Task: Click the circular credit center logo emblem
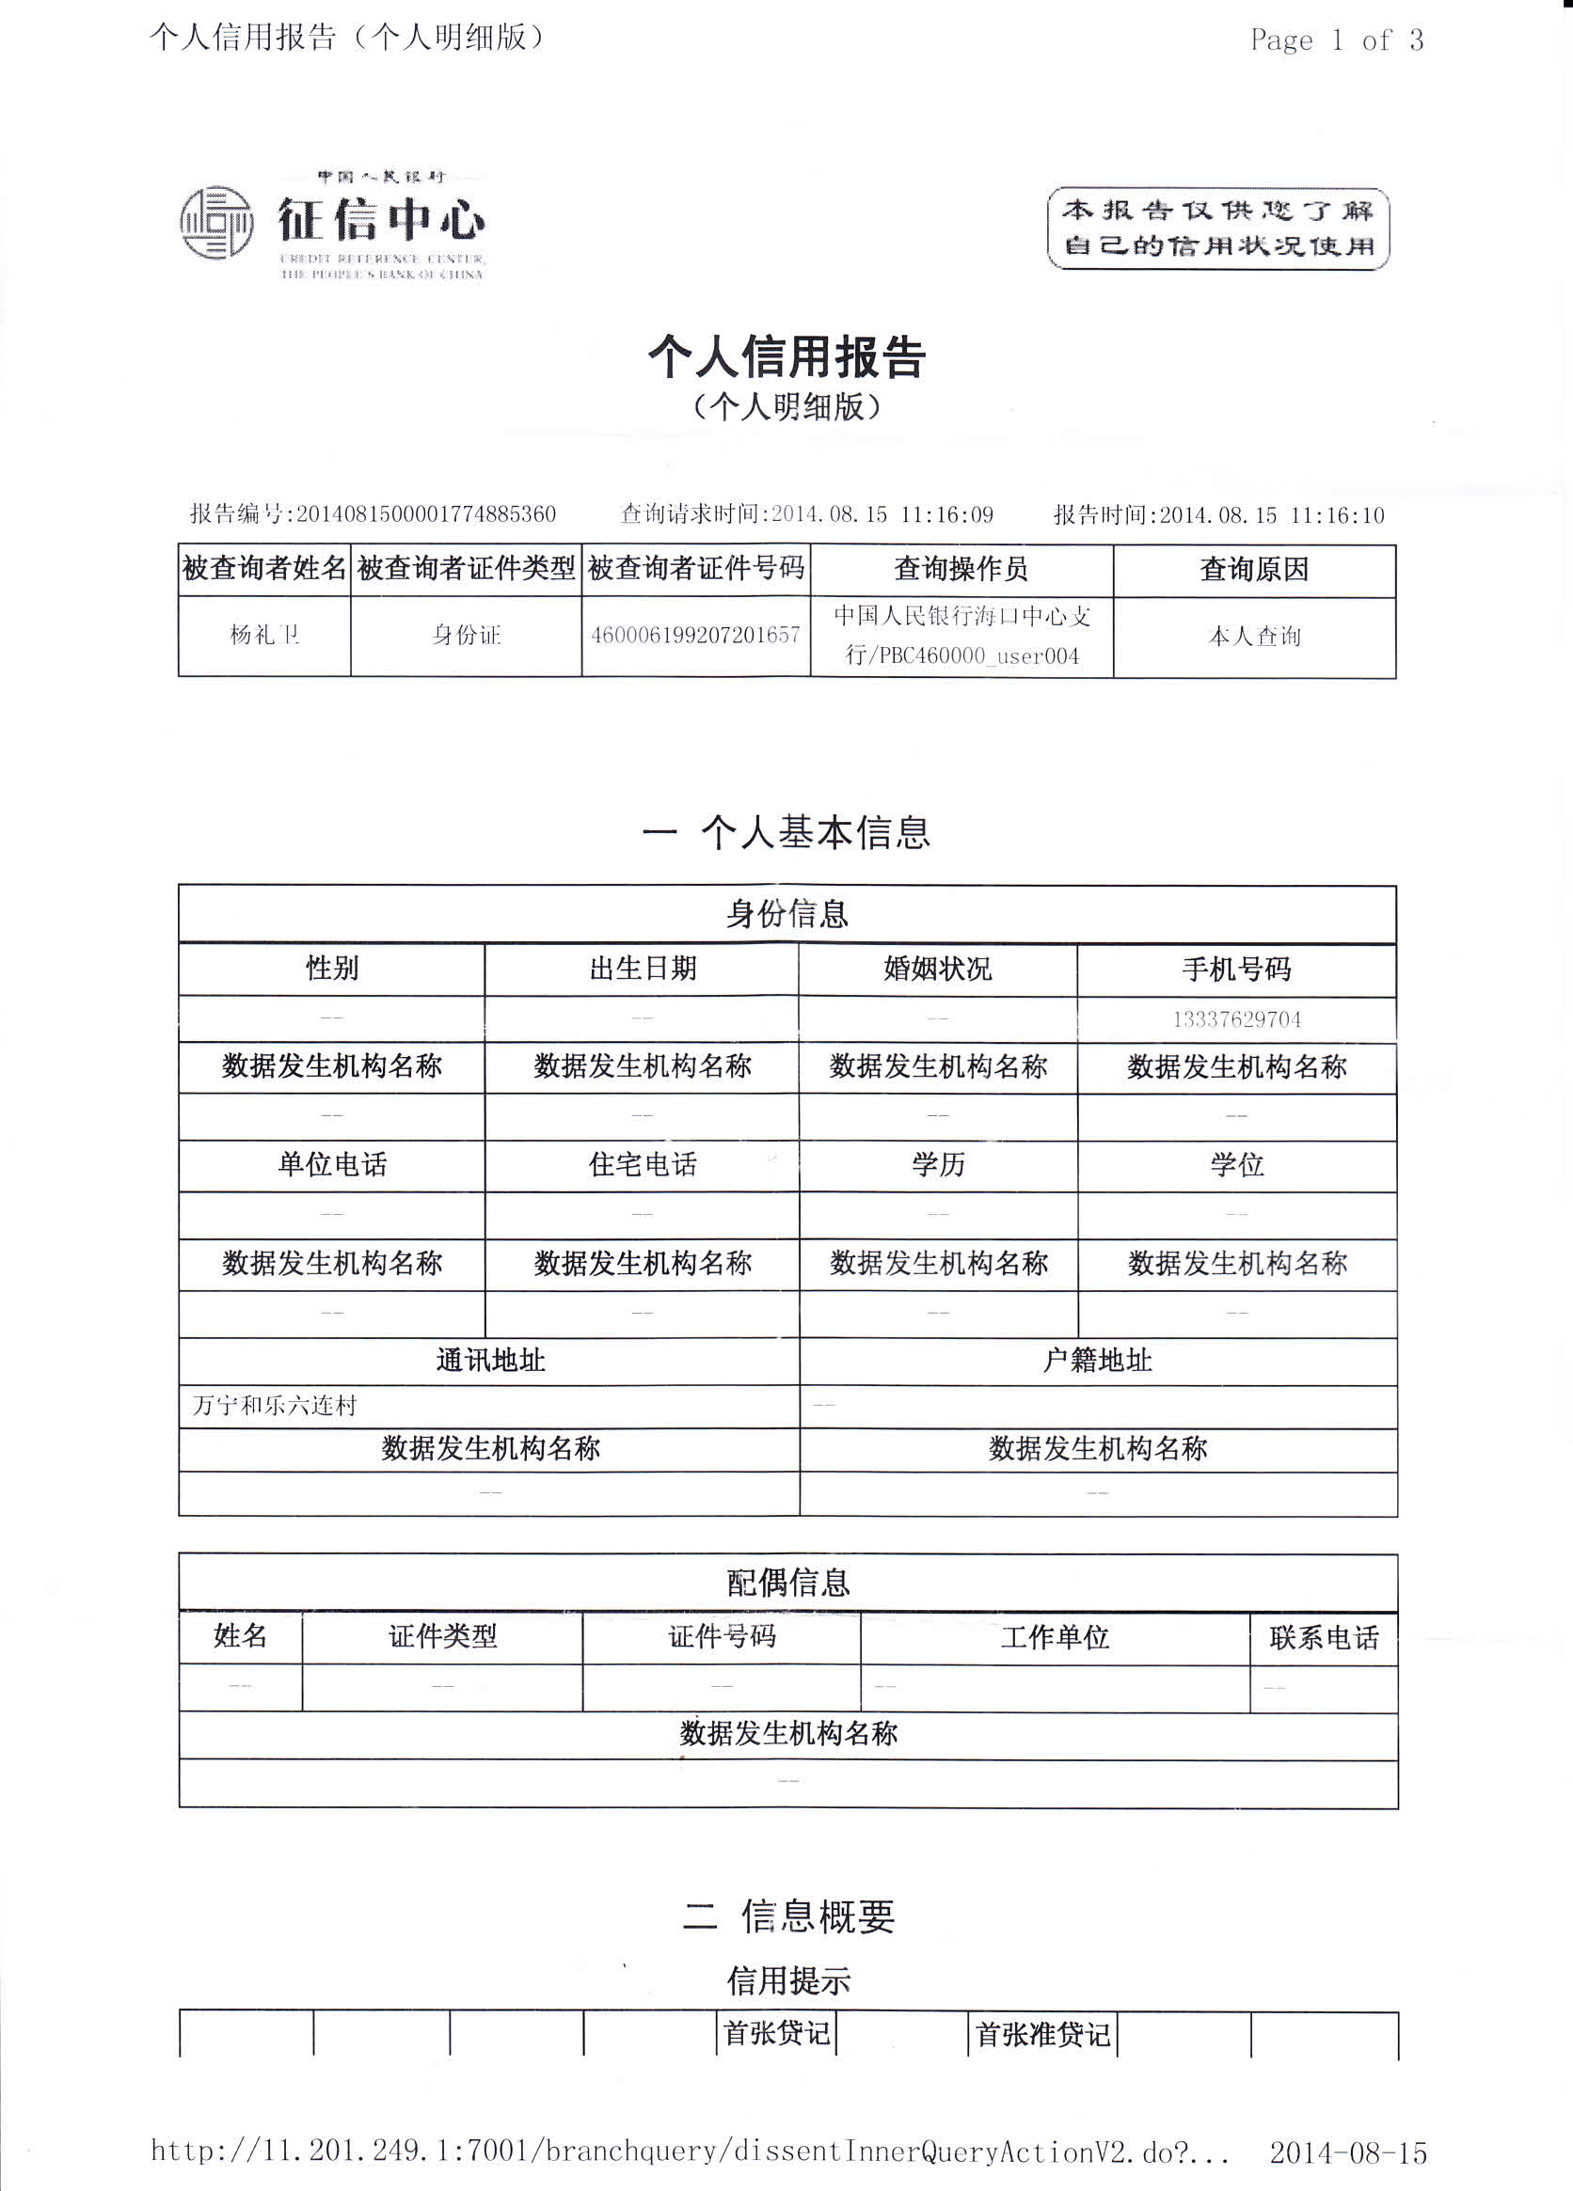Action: coord(216,222)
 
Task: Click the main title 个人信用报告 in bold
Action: coord(786,356)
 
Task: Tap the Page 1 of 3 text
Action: coord(1336,39)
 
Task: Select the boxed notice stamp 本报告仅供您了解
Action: coord(1218,229)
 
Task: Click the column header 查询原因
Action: coord(1253,570)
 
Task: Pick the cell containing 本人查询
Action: coord(1254,637)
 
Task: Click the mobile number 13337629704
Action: coord(1237,1019)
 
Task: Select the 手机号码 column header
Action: coord(1237,969)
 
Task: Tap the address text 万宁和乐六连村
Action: coord(275,1406)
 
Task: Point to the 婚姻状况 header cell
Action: coord(937,969)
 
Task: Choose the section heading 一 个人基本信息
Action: coord(786,833)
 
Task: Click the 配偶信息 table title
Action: coord(787,1584)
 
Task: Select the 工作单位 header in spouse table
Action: coord(1056,1637)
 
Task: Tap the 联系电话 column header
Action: coord(1324,1637)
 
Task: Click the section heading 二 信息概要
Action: coord(788,1916)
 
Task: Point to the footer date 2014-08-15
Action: coord(1348,2153)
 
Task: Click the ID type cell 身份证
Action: coord(466,636)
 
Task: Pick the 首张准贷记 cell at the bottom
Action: coord(1042,2035)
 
